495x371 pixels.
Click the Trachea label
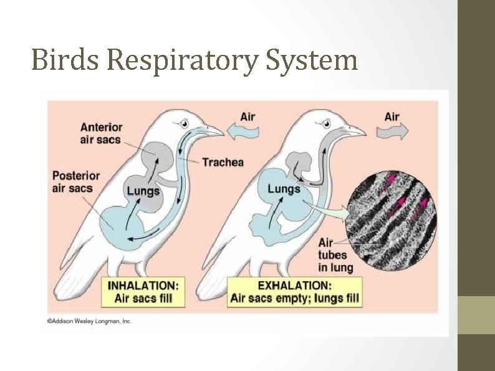(223, 162)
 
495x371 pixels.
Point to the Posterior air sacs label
(72, 181)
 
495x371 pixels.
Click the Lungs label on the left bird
(143, 191)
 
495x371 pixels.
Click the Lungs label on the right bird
(284, 189)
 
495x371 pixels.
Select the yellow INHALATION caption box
(143, 291)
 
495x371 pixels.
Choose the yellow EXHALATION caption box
(294, 291)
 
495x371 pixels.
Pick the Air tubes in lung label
(335, 255)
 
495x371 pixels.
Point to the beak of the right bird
(356, 131)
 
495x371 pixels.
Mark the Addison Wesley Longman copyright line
(89, 322)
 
